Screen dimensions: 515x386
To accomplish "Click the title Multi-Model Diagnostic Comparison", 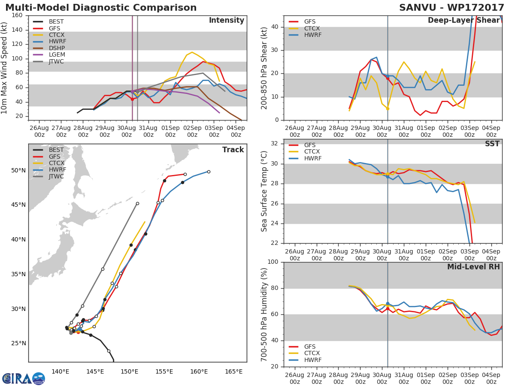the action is [x=101, y=7].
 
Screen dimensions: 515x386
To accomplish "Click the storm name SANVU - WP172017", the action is [x=451, y=7].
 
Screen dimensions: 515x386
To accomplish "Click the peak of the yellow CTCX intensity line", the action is [x=192, y=52].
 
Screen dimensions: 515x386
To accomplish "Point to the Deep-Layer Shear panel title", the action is [x=464, y=21].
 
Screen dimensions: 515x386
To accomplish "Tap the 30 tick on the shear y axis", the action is [x=278, y=50].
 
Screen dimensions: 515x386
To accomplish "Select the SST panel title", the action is [x=492, y=144].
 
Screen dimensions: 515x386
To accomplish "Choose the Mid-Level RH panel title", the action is [x=473, y=267].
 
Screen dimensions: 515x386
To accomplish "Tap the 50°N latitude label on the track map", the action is [x=18, y=171].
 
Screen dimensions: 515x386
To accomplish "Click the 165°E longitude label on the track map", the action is [x=234, y=372].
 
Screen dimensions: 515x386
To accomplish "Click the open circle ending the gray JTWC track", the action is [x=137, y=204].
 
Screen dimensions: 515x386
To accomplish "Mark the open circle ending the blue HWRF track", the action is [x=209, y=172].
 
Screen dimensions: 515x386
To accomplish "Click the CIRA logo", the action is [x=24, y=379].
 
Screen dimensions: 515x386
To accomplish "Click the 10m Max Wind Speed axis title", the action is [x=4, y=68].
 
